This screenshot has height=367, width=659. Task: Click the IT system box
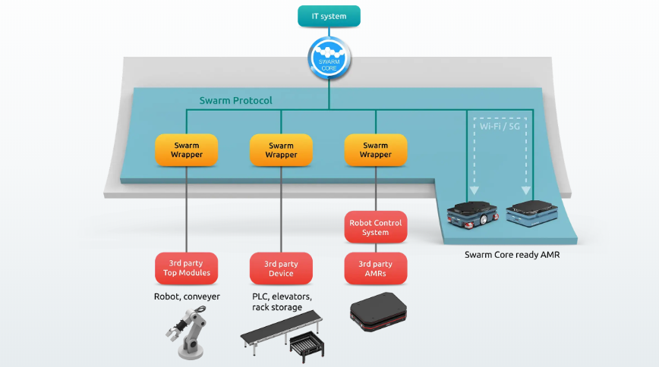tap(329, 15)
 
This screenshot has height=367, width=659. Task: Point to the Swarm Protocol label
tap(235, 100)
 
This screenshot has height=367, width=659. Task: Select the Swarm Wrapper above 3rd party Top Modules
tap(186, 150)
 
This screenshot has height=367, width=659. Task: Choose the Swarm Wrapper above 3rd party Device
tap(281, 150)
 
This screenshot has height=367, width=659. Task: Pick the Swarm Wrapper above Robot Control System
tap(375, 150)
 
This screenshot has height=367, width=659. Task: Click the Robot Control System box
tap(375, 227)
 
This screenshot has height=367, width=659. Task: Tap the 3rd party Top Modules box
tap(186, 268)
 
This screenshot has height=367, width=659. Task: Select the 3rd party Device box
tap(281, 268)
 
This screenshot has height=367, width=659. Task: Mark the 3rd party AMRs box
tap(375, 268)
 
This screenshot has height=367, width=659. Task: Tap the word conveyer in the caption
tap(201, 296)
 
